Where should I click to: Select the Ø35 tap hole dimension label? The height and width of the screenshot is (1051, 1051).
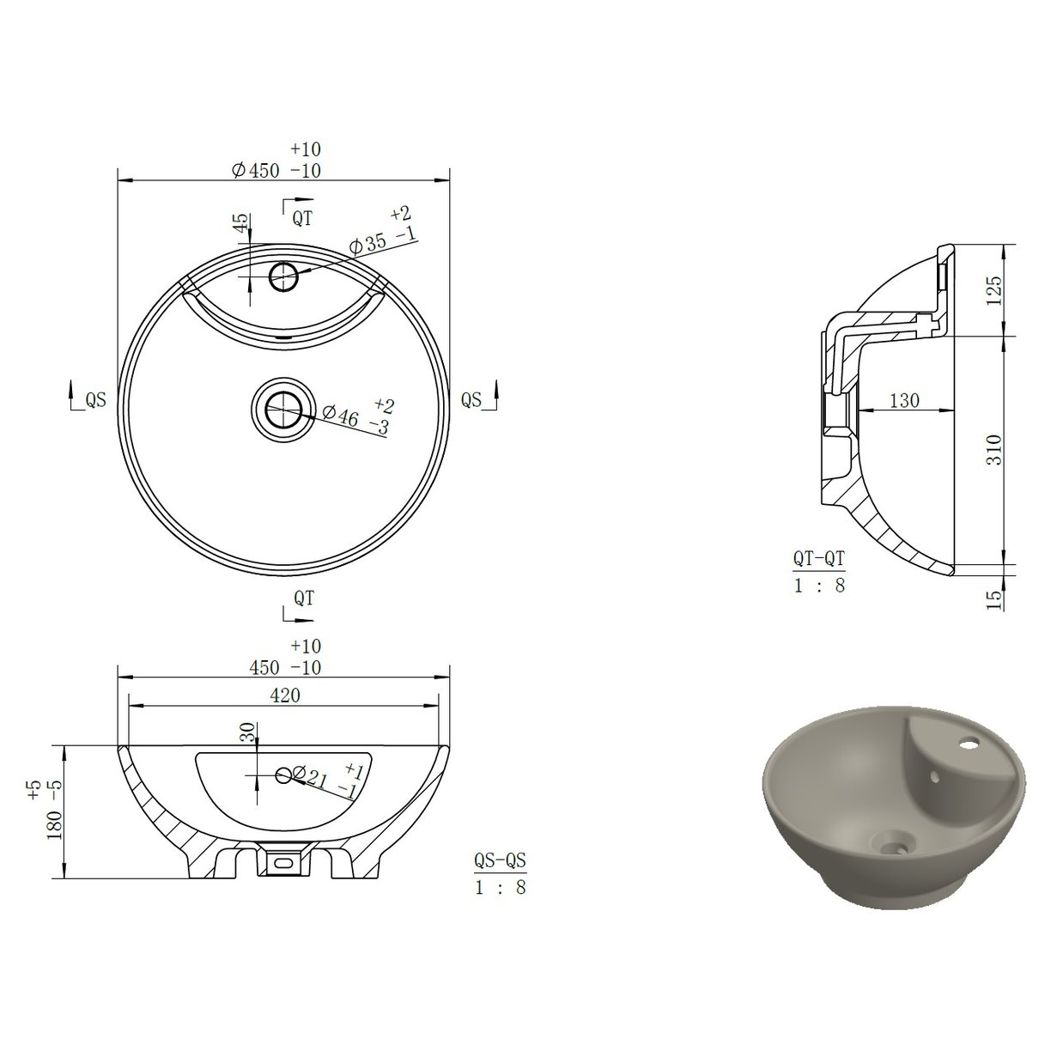(383, 241)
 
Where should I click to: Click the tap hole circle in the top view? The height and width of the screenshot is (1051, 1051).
(283, 276)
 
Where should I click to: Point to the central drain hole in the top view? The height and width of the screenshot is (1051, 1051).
(279, 409)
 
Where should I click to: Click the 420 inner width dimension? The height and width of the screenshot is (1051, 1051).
(285, 696)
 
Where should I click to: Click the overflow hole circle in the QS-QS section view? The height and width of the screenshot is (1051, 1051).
(284, 775)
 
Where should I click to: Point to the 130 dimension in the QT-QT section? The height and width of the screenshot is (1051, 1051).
(904, 400)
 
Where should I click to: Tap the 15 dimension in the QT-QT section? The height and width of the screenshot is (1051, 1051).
(994, 598)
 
